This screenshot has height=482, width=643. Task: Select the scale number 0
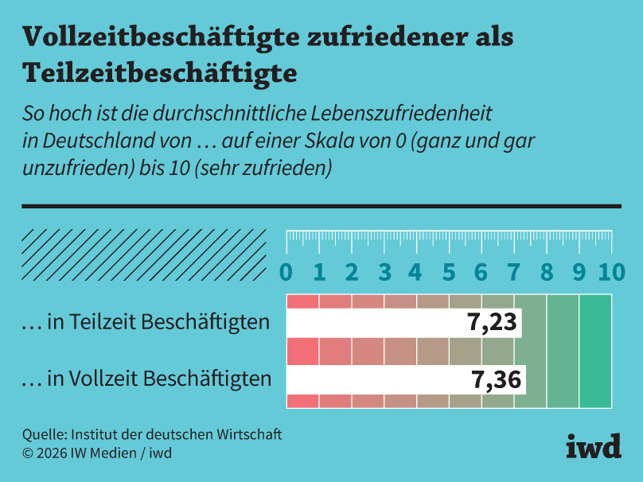click(286, 272)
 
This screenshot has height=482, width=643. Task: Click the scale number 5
click(449, 272)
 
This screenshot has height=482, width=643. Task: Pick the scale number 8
click(547, 272)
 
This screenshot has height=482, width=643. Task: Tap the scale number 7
click(514, 272)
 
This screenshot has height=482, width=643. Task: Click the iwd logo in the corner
click(593, 446)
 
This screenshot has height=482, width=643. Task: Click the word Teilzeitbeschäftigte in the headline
click(159, 72)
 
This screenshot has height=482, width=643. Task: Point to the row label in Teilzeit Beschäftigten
click(145, 323)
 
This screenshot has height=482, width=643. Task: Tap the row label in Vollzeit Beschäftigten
click(146, 379)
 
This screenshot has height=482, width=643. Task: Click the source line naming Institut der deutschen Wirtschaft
click(152, 435)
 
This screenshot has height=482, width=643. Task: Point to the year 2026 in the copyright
click(53, 453)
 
